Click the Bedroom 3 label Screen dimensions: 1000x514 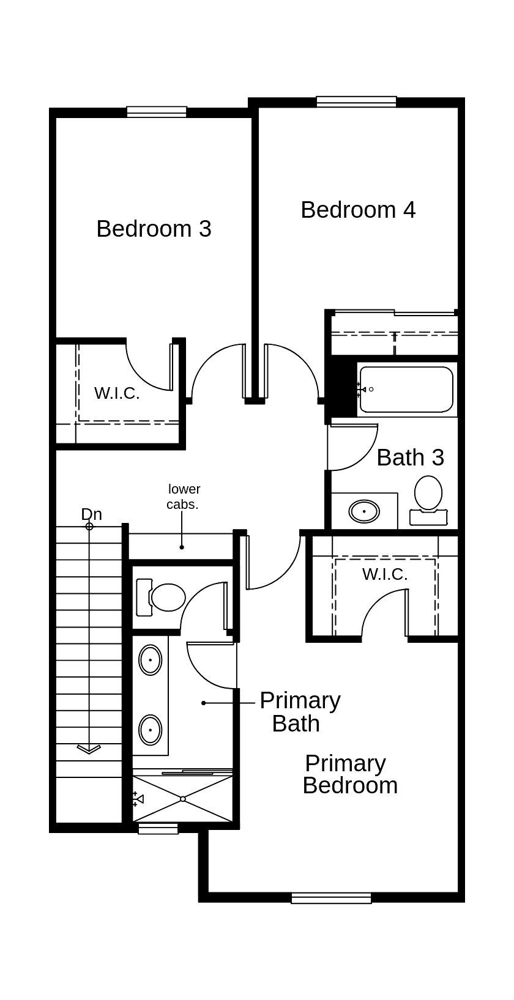tap(154, 229)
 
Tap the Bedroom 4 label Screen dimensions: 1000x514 tap(358, 210)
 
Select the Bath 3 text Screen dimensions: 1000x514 tap(410, 457)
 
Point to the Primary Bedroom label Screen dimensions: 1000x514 tap(350, 774)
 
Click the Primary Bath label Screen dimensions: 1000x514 tap(299, 712)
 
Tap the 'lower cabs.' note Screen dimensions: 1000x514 tap(184, 497)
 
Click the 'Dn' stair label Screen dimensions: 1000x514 tap(91, 514)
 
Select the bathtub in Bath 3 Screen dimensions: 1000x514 tap(406, 390)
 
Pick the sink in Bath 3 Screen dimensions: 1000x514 tap(364, 511)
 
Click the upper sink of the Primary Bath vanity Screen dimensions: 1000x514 tap(150, 660)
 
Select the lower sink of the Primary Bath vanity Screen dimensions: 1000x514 tap(150, 730)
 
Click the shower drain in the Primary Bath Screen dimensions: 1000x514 tap(183, 799)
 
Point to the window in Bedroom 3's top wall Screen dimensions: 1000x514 tap(157, 112)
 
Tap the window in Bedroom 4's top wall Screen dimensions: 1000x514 tap(356, 102)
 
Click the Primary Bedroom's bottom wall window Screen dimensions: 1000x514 tap(331, 898)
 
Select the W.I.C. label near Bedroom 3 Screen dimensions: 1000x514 tap(117, 393)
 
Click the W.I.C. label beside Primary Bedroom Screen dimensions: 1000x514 tap(385, 574)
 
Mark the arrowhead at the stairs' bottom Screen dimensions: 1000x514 tap(89, 749)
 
